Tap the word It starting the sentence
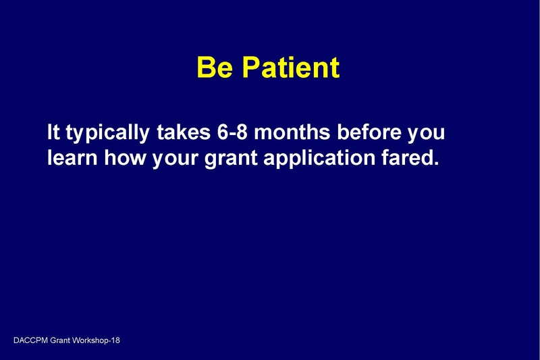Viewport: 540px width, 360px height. (x=54, y=132)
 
